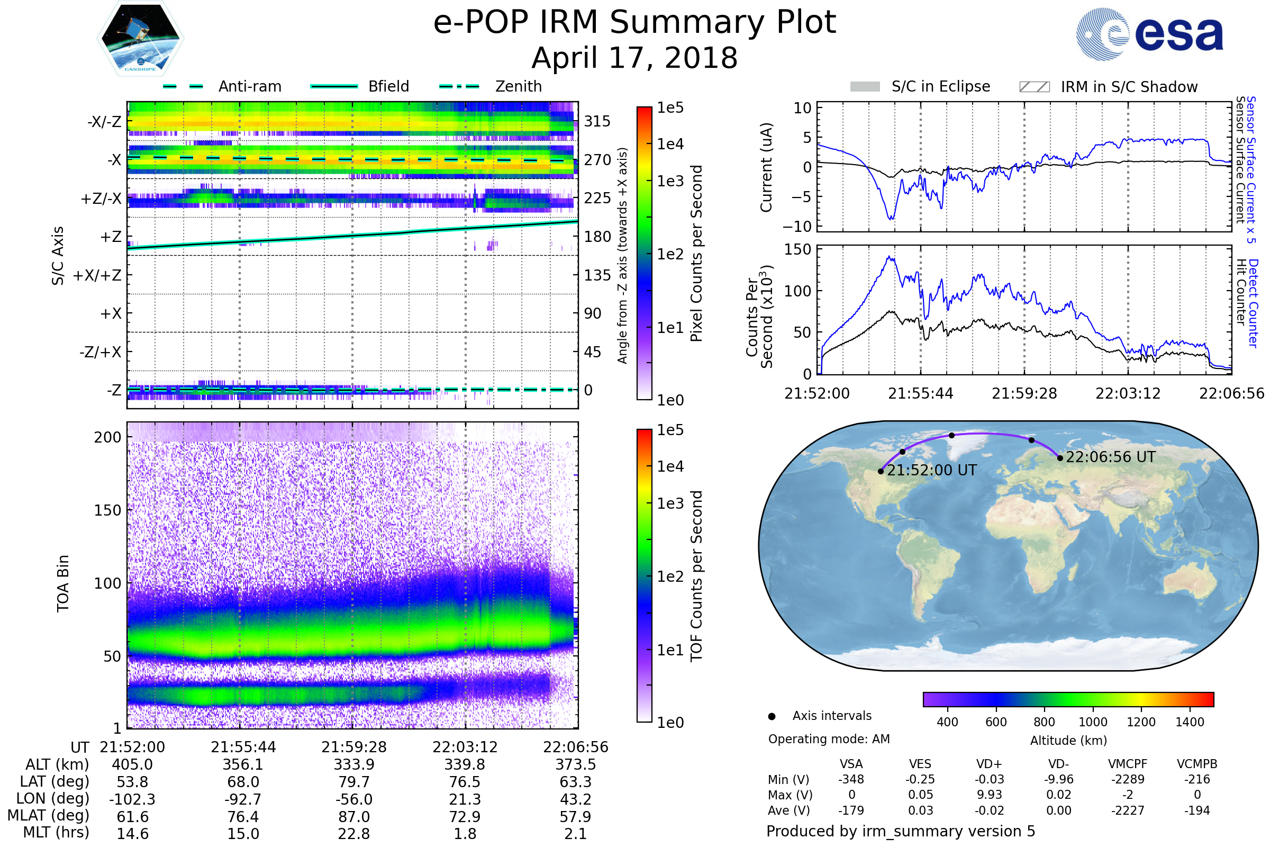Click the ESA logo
[x=1149, y=34]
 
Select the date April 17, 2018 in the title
[x=634, y=58]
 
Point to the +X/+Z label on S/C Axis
[x=97, y=275]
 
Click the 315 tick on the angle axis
[x=597, y=122]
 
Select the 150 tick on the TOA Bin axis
[x=107, y=510]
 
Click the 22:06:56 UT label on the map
[x=1110, y=457]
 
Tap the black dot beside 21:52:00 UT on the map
[x=881, y=472]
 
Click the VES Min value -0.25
[x=920, y=779]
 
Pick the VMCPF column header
[x=1128, y=764]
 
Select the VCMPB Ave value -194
[x=1197, y=810]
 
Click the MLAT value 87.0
[x=353, y=817]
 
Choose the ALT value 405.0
[x=132, y=765]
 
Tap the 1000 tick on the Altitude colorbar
[x=1092, y=722]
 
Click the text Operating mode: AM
[x=829, y=739]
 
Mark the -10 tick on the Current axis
[x=797, y=227]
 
